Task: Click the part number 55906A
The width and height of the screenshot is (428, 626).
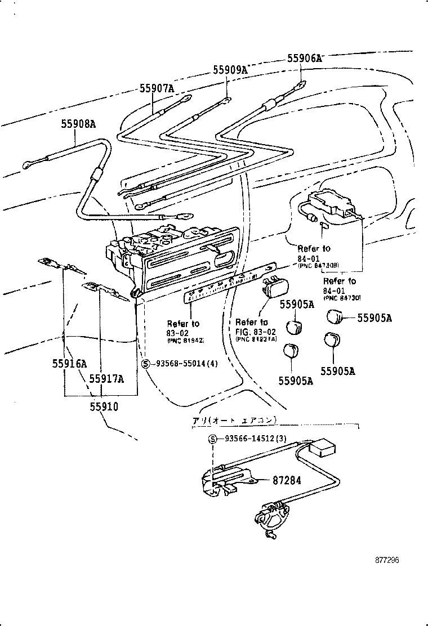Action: tap(304, 58)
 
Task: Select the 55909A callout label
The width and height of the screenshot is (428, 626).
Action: tap(230, 70)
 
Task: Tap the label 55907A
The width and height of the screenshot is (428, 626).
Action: tap(157, 88)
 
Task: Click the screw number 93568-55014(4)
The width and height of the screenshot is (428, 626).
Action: tap(184, 364)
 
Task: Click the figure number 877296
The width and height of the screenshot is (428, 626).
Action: tap(387, 560)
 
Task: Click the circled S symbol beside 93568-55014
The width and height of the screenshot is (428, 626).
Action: tap(145, 364)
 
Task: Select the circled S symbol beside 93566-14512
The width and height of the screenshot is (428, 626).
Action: tap(213, 440)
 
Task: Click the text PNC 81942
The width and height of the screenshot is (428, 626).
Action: tap(185, 341)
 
